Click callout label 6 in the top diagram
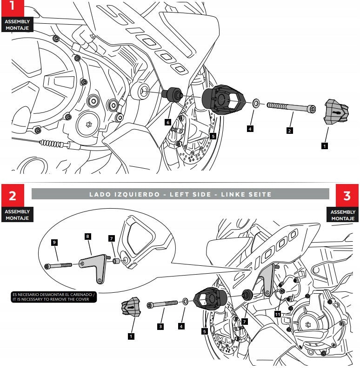point(168,122)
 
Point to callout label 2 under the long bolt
point(289,131)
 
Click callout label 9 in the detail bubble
point(55,243)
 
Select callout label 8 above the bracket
point(87,236)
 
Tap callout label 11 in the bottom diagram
point(278,315)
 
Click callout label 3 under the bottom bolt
point(160,327)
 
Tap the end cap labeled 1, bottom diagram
point(131,309)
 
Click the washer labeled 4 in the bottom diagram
point(185,302)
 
